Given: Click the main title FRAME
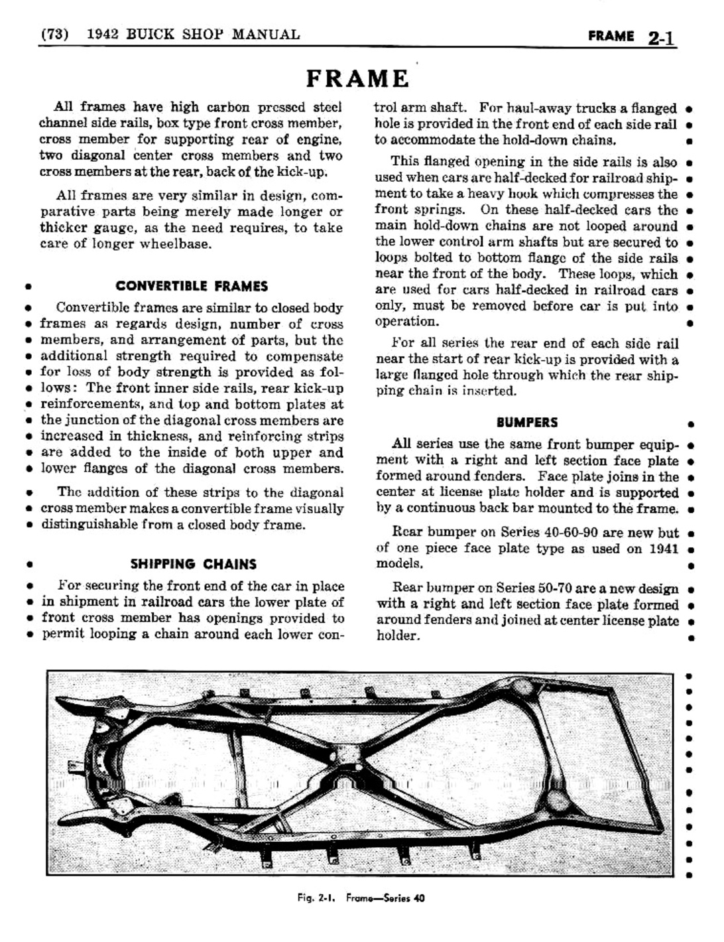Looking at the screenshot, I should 357,79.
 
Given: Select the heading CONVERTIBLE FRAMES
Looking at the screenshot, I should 192,287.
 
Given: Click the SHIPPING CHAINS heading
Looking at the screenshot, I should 193,565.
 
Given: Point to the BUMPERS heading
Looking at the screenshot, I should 527,423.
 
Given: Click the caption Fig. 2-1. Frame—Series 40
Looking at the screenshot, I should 361,898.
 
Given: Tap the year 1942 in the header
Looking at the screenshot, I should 104,34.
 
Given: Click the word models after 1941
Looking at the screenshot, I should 398,564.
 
